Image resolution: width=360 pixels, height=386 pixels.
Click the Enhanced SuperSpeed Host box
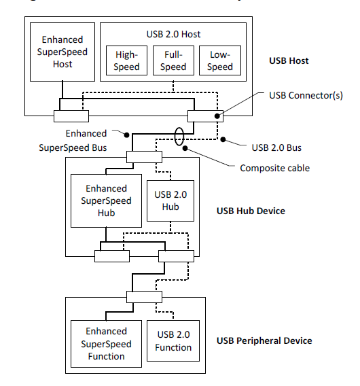(62, 52)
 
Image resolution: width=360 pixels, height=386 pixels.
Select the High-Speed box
(127, 60)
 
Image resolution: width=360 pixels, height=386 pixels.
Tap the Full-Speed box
(173, 60)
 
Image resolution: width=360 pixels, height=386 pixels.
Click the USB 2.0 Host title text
(173, 33)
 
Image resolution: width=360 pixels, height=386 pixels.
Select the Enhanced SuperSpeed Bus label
(86, 141)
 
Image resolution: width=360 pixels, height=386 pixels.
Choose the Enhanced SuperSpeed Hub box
(106, 200)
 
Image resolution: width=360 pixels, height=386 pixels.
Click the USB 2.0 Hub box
(170, 200)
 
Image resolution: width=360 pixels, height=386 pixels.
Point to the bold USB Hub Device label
(251, 211)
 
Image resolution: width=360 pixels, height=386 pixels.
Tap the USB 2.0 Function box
(173, 341)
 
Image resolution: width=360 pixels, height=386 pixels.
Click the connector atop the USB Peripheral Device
(144, 296)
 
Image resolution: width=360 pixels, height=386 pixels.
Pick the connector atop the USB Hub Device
(144, 158)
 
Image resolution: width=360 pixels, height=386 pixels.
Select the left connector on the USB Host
(71, 116)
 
